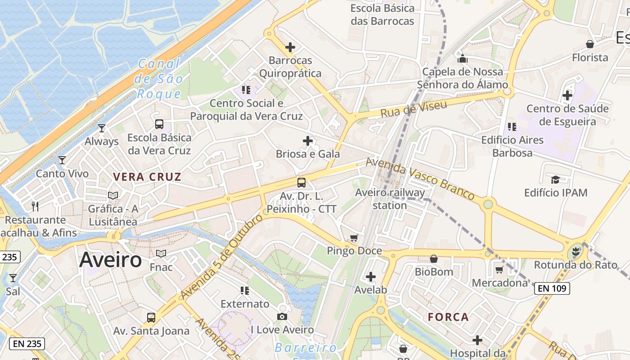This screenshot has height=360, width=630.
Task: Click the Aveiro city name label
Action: [x=111, y=260]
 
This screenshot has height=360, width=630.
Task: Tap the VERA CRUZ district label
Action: [x=147, y=177]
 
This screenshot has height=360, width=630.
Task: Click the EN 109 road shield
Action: [x=552, y=288]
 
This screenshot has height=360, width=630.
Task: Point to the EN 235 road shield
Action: [x=27, y=344]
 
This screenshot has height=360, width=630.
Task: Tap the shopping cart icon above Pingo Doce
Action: [x=354, y=238]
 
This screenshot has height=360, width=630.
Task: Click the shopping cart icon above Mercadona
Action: [x=499, y=270]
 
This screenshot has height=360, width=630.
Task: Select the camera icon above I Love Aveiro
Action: [x=282, y=316]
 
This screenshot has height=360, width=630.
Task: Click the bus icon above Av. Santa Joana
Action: [x=151, y=318]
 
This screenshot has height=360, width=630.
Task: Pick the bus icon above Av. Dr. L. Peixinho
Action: [x=301, y=183]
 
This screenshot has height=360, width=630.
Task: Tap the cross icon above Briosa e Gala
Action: [x=308, y=141]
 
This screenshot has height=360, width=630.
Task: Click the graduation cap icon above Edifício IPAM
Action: [x=555, y=180]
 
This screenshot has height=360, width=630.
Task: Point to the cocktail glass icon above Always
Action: [x=102, y=128]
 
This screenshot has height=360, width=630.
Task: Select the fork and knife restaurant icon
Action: [x=35, y=207]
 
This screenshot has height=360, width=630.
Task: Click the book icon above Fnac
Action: [x=161, y=254]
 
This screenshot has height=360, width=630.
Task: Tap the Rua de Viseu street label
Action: [x=414, y=109]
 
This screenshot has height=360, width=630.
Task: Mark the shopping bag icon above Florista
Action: [x=589, y=44]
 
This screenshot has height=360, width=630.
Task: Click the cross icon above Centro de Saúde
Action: [x=567, y=95]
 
